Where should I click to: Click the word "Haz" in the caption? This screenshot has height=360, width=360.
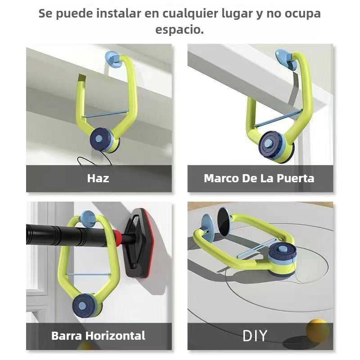(98, 178)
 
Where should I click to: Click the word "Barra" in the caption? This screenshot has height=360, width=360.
(67, 336)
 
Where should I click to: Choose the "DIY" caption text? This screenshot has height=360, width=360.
(255, 335)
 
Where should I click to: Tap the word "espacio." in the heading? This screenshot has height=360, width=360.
(180, 30)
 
